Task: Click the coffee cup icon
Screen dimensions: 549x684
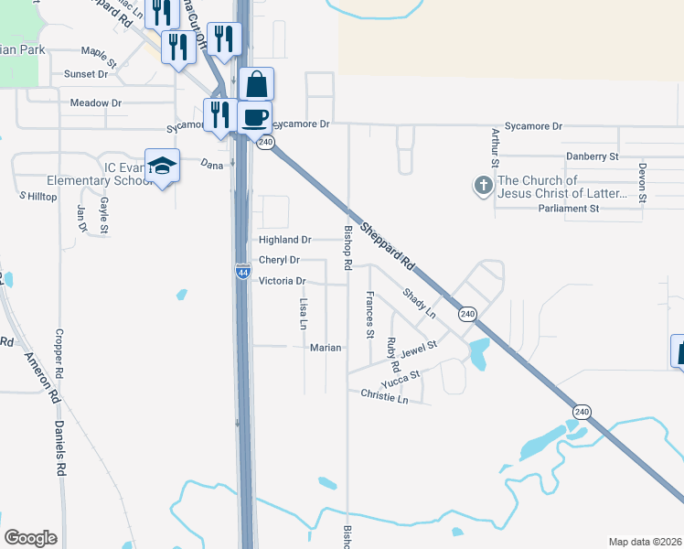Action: (255, 117)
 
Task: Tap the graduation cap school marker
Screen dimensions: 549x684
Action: (162, 166)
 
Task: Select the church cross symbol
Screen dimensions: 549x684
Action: (484, 187)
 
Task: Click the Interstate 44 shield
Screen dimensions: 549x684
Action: (242, 272)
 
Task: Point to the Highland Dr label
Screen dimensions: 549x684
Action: (285, 240)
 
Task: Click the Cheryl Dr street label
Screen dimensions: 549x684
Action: (280, 261)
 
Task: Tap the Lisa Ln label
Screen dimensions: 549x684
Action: (303, 313)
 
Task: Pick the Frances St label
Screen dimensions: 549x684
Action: (369, 315)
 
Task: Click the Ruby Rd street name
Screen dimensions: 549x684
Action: (391, 355)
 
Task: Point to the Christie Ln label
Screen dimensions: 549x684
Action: (384, 396)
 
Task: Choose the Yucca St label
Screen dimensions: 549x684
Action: (401, 377)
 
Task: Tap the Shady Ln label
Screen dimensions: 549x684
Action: (419, 303)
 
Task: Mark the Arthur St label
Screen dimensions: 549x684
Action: (495, 146)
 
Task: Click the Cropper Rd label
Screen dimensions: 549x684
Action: (59, 355)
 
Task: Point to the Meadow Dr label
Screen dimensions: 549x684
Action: (96, 103)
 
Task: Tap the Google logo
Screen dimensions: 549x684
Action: (30, 537)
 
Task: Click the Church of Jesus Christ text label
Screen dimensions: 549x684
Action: (562, 187)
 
